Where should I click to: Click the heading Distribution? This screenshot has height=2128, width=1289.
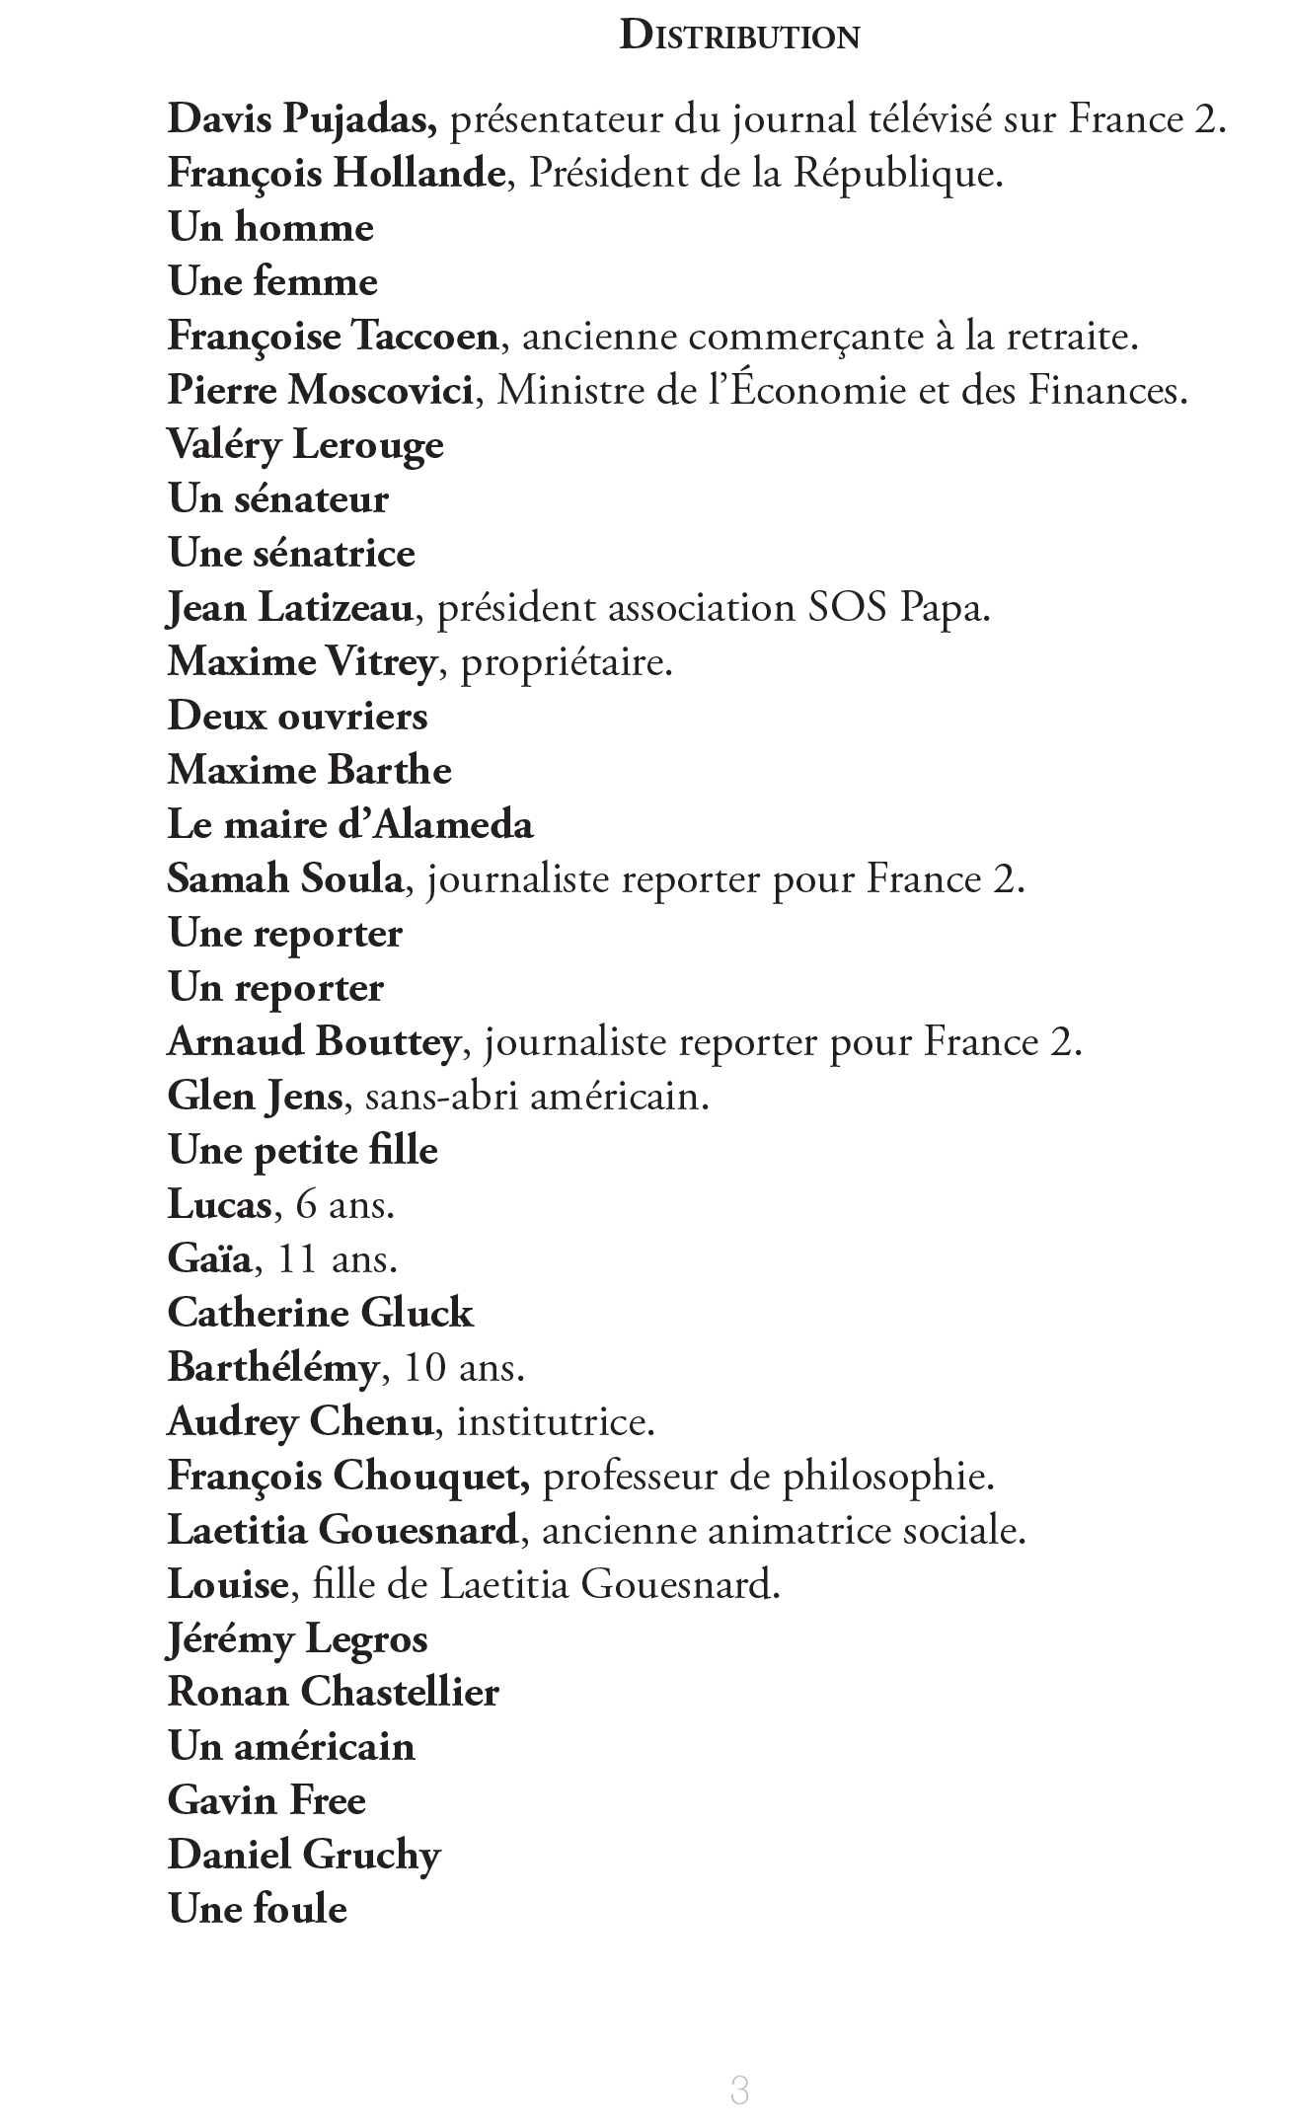[x=739, y=37]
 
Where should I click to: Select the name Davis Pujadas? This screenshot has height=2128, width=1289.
[x=302, y=120]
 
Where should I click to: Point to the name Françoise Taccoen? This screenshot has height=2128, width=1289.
[x=333, y=338]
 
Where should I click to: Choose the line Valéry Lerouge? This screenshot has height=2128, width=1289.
[x=305, y=446]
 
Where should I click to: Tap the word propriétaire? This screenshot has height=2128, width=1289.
[x=566, y=662]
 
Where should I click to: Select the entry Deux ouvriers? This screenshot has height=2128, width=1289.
[x=297, y=717]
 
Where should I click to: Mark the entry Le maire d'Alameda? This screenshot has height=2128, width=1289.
[x=350, y=825]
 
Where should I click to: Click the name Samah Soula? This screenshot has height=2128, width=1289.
[x=285, y=879]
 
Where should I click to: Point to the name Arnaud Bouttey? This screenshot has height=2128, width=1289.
[x=313, y=1042]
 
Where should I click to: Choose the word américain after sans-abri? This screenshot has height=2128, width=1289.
[x=619, y=1097]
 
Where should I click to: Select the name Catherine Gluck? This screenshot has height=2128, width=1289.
[x=321, y=1314]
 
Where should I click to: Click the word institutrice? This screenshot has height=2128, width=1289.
[x=556, y=1422]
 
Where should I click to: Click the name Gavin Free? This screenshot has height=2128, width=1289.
[x=266, y=1801]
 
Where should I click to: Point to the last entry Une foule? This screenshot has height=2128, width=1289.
[x=258, y=1910]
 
